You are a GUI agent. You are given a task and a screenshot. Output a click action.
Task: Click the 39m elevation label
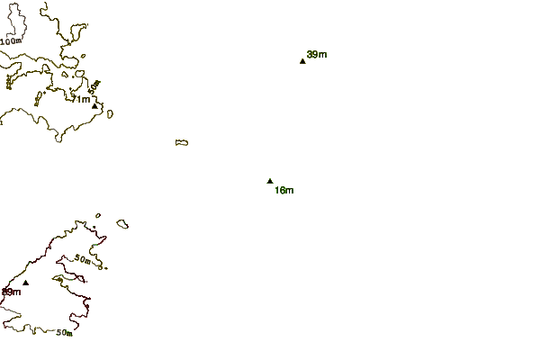(x=317, y=55)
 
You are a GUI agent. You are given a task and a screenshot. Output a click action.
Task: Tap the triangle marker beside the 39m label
(x=302, y=61)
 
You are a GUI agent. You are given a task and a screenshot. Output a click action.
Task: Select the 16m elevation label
(x=284, y=190)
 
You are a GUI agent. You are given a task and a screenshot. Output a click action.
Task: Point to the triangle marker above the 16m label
(x=270, y=181)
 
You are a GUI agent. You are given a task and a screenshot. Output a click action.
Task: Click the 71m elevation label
(x=81, y=99)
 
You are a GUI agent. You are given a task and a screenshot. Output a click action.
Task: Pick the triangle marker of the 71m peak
(x=95, y=106)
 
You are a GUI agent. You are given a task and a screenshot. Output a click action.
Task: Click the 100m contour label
(x=12, y=41)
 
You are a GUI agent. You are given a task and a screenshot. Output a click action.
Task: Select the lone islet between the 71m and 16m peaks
(x=182, y=142)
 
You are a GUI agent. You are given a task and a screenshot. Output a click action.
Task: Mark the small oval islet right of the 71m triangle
(x=109, y=112)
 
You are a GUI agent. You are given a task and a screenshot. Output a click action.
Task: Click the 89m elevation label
(x=11, y=292)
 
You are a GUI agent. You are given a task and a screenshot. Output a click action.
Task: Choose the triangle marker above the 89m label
(x=25, y=283)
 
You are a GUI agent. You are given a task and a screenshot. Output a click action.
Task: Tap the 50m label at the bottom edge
(x=64, y=332)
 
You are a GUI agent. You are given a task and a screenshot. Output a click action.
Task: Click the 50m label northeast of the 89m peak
(x=82, y=259)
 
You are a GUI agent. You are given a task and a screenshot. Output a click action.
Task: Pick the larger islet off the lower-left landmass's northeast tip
(x=122, y=223)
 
